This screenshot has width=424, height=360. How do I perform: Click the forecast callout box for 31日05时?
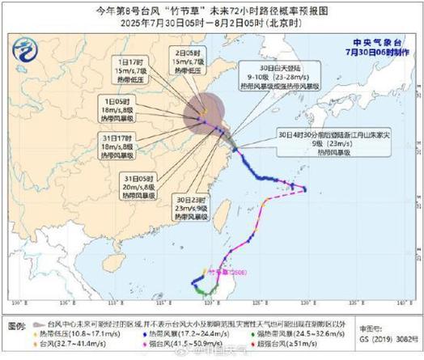137,186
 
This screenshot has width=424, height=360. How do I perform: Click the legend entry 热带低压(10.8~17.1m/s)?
77,332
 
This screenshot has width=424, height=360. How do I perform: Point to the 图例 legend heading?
17,324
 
